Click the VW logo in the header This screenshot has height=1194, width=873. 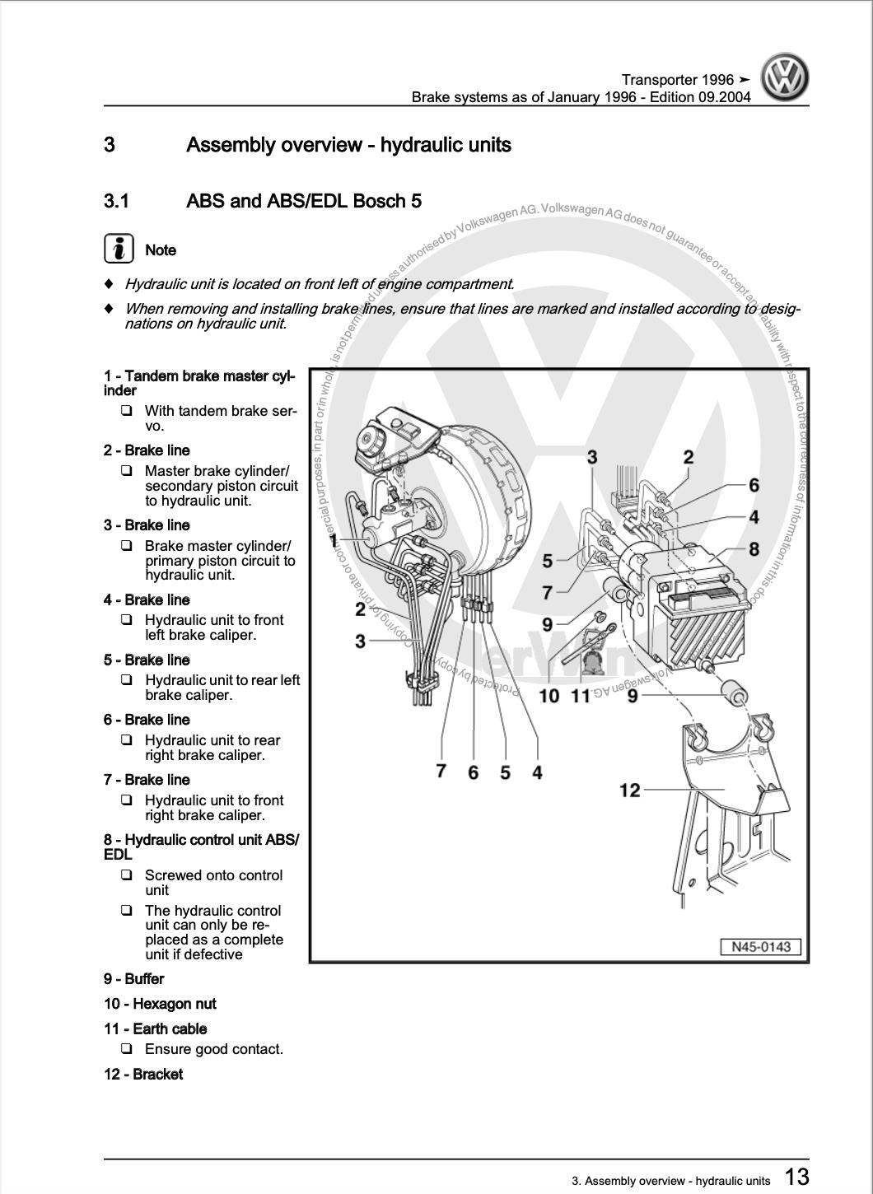[784, 78]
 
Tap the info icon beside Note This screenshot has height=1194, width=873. [119, 249]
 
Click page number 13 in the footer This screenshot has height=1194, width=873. [796, 1176]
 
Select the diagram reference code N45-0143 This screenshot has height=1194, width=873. [761, 947]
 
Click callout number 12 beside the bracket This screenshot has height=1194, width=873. [629, 791]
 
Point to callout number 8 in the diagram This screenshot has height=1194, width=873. [754, 548]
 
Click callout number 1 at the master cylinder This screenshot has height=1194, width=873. [334, 541]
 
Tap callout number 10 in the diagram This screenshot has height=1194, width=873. [549, 696]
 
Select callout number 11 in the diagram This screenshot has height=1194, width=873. [581, 696]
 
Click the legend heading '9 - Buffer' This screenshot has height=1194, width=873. [134, 979]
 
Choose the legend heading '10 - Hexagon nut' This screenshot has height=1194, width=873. [160, 1004]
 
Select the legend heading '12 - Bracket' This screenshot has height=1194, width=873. [143, 1074]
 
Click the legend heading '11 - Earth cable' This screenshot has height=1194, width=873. [155, 1028]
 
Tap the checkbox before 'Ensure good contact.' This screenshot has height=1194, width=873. [127, 1049]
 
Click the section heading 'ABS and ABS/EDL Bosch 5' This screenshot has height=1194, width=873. [304, 201]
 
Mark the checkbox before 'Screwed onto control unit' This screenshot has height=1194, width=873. [127, 875]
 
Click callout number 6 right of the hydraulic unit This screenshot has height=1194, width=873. [754, 486]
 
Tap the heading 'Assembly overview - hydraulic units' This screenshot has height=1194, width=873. [348, 145]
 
